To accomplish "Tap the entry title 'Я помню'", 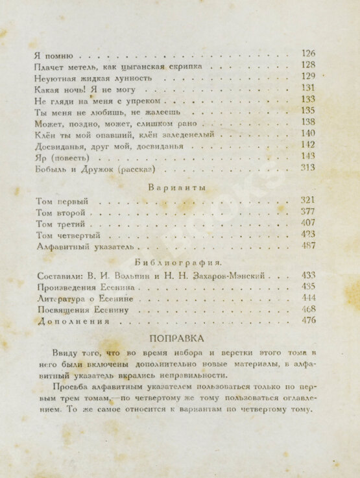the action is [51, 54].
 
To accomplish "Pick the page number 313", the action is [308, 168].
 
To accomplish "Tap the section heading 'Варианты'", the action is [177, 188].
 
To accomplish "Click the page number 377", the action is [308, 211].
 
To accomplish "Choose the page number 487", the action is [308, 246].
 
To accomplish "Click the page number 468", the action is [308, 309].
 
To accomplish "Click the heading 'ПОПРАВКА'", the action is [176, 338].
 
